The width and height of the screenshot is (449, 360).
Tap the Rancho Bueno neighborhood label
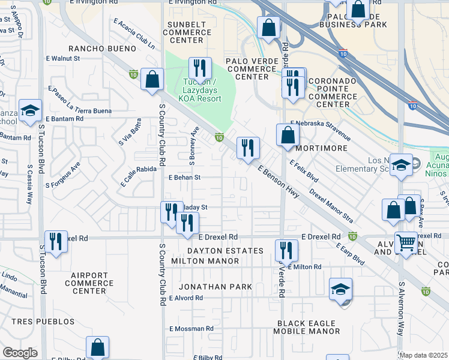click(x=97, y=47)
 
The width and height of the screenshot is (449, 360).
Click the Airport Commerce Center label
click(x=89, y=283)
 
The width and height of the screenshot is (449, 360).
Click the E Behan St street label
click(x=184, y=178)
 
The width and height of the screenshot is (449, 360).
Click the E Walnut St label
click(x=62, y=59)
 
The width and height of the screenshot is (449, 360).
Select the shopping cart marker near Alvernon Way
click(x=407, y=242)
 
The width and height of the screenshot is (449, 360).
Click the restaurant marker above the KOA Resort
click(x=200, y=68)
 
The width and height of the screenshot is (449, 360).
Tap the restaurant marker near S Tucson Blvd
click(x=56, y=242)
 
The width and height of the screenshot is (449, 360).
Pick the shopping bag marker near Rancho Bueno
click(x=152, y=79)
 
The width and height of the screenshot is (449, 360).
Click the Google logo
click(x=20, y=353)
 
